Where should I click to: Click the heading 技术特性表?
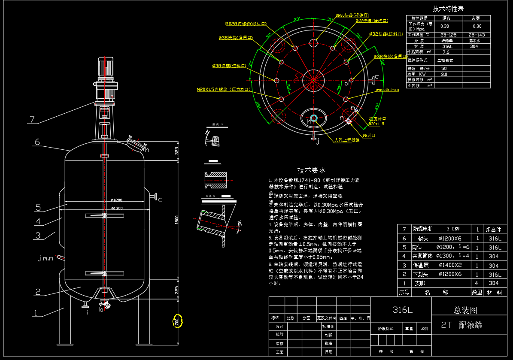click(x=448, y=9)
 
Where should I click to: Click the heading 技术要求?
click(x=311, y=170)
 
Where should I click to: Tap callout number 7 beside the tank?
click(x=31, y=119)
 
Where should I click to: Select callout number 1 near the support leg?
click(x=36, y=313)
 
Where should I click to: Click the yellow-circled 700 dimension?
click(x=177, y=321)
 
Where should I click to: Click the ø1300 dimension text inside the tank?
click(x=117, y=209)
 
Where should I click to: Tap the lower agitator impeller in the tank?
click(x=104, y=273)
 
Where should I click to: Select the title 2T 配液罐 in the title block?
click(x=462, y=325)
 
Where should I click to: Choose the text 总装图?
click(x=465, y=310)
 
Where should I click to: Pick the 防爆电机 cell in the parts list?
click(x=423, y=229)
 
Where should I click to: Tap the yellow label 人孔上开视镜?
click(x=347, y=140)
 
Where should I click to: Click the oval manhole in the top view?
click(x=313, y=118)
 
